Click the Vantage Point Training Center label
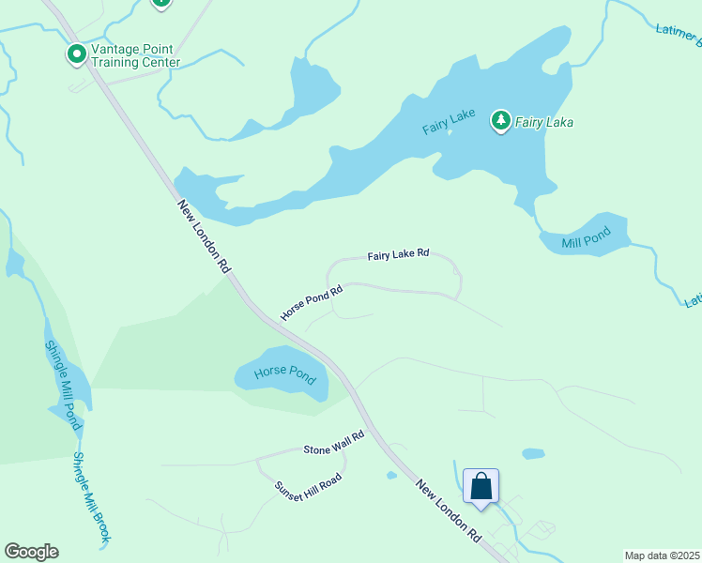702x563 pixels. point(135,55)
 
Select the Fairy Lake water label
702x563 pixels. point(449,122)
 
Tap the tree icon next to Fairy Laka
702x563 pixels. point(501,120)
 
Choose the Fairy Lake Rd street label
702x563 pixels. point(398,254)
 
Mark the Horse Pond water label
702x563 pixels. point(284,373)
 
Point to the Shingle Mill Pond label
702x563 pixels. point(62,385)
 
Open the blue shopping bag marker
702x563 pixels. point(481,487)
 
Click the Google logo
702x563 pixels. point(32,552)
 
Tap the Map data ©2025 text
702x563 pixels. point(662,555)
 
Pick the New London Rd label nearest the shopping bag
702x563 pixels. point(450,512)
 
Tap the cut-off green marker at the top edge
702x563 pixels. point(161,3)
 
